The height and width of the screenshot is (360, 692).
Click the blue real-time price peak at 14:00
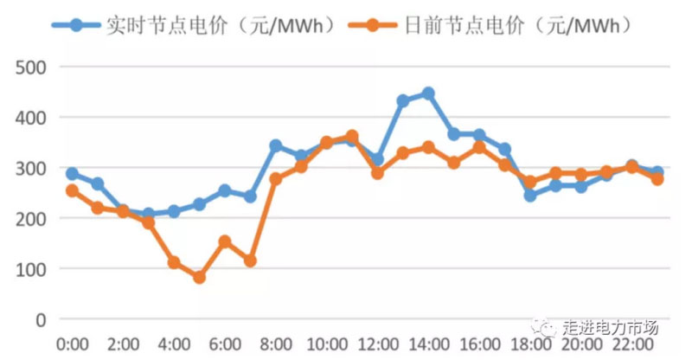(428, 93)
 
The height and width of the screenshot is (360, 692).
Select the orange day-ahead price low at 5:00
(199, 278)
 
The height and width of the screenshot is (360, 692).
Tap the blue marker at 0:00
(72, 174)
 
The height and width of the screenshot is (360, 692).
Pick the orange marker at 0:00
(72, 190)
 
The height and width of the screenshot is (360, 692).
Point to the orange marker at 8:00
(276, 179)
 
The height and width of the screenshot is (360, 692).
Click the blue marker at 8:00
(276, 145)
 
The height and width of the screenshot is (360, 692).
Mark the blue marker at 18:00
(530, 196)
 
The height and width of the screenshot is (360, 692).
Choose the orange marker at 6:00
(225, 241)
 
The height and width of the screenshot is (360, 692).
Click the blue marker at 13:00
(403, 101)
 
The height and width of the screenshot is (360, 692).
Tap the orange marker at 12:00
(377, 173)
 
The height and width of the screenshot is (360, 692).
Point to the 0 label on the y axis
(40, 320)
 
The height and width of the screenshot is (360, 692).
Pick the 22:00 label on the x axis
(632, 344)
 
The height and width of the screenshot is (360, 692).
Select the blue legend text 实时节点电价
(155, 26)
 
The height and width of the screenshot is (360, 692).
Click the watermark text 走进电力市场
(611, 328)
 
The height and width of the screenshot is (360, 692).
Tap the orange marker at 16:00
(479, 147)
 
